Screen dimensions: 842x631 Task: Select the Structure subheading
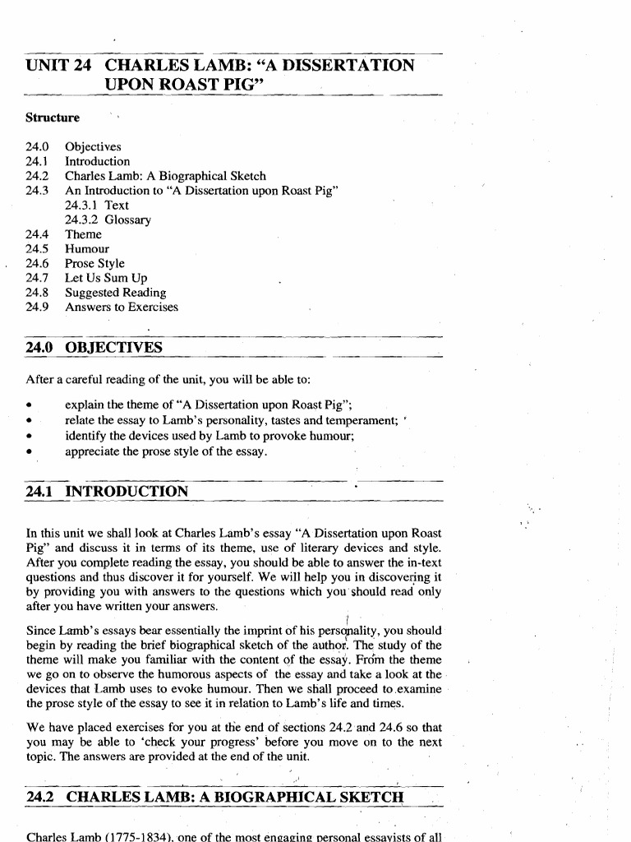[x=53, y=118]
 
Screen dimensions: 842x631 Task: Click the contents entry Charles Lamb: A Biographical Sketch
[x=165, y=176]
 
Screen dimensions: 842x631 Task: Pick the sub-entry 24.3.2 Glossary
[x=108, y=220]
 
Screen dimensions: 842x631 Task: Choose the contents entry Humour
[x=87, y=249]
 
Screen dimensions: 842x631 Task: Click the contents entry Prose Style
[x=95, y=264]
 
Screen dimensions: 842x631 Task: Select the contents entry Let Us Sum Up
[x=106, y=279]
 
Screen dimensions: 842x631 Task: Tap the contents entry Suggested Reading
[x=116, y=293]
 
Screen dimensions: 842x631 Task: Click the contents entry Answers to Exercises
[x=122, y=308]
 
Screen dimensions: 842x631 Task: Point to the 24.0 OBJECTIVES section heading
[x=94, y=348]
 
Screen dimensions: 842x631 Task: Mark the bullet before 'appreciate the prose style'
[x=30, y=451]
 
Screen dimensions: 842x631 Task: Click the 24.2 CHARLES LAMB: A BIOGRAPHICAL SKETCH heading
[x=215, y=797]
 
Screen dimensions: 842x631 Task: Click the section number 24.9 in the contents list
[x=38, y=308]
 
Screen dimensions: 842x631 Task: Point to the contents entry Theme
[x=84, y=234]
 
